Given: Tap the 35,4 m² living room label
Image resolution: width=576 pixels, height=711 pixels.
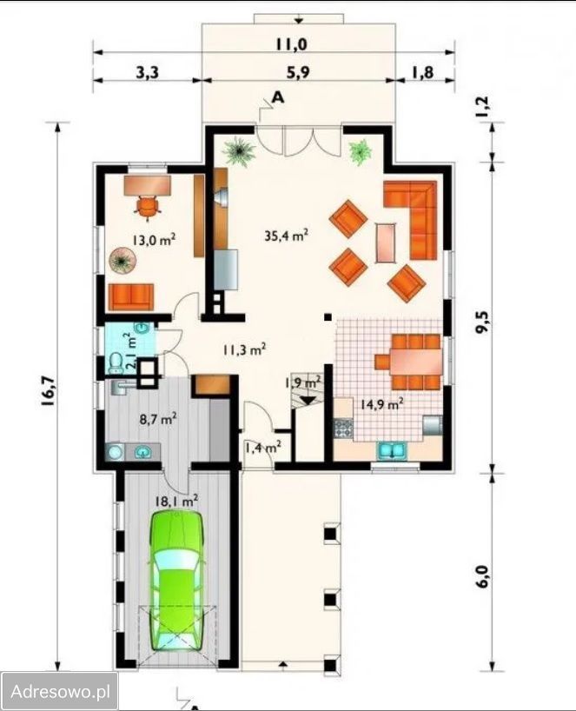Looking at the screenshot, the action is click(x=287, y=236).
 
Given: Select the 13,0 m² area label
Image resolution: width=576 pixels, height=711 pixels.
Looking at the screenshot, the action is click(x=154, y=239).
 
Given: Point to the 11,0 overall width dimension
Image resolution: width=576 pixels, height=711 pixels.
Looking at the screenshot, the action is click(x=292, y=44).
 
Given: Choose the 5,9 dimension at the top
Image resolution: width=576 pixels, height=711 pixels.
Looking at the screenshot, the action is click(x=299, y=72).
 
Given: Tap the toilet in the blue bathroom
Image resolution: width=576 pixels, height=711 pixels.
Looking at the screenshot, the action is click(x=116, y=362).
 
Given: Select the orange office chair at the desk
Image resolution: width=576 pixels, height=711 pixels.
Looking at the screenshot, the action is click(x=149, y=207).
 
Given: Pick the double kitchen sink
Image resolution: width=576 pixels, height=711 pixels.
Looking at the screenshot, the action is click(x=392, y=451).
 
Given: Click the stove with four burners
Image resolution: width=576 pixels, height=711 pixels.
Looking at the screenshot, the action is click(x=343, y=428).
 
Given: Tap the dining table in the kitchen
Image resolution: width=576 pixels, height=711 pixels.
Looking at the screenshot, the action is click(x=415, y=362).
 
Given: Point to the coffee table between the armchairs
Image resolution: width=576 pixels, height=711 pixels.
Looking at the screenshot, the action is click(x=386, y=243).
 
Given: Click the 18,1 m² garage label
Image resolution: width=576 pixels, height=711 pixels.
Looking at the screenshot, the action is click(x=176, y=501).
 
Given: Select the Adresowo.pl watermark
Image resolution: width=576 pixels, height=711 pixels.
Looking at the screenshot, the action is click(x=60, y=692).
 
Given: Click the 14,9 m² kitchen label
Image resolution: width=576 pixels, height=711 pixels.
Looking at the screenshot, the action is click(x=382, y=404).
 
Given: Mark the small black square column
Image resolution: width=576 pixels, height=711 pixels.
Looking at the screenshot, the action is click(x=328, y=317).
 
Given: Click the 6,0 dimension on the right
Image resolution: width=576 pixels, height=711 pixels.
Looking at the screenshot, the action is click(x=483, y=576).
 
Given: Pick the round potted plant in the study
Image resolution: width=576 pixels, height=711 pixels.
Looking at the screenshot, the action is click(x=122, y=260).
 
